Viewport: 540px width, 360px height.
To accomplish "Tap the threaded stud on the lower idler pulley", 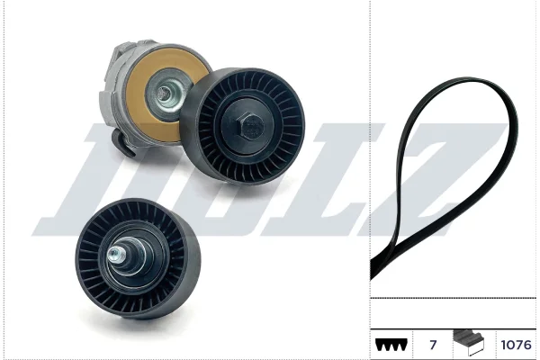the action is pos(116,256).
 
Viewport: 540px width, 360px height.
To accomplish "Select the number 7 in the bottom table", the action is pos(433,345).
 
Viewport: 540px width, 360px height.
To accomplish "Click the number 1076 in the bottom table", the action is pos(517,345).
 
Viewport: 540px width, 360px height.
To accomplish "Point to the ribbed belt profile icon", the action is pos(391,345).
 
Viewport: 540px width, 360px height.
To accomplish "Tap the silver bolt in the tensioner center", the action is pos(166,93).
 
